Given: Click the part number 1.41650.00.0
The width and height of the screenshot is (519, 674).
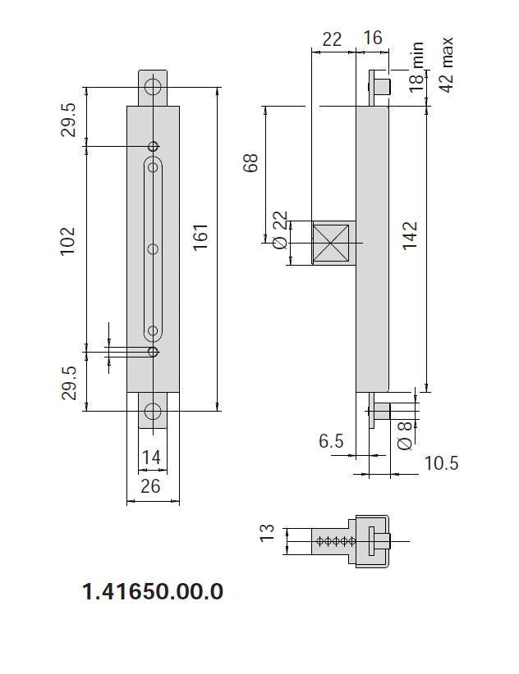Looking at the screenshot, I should pyautogui.click(x=153, y=591).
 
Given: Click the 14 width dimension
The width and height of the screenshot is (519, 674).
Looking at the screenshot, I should pyautogui.click(x=151, y=458).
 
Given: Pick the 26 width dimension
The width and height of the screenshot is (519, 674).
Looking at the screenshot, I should pyautogui.click(x=150, y=485).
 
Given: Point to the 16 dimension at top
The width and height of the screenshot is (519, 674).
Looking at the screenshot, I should pyautogui.click(x=372, y=39).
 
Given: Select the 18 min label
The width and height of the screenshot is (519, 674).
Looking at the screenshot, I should pyautogui.click(x=417, y=67).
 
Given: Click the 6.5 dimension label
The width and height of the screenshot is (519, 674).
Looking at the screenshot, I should pyautogui.click(x=331, y=441).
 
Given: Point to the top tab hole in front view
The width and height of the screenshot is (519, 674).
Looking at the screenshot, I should pyautogui.click(x=152, y=88).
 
